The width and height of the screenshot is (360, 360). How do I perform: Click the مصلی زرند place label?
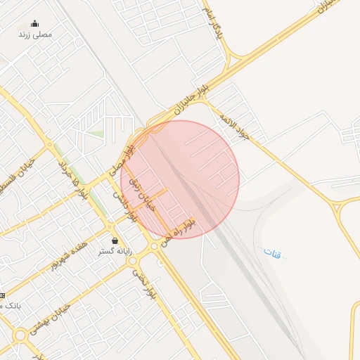(35, 34)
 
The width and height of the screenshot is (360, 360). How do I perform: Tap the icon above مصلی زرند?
(34, 23)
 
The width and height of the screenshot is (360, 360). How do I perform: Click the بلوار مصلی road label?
(122, 160)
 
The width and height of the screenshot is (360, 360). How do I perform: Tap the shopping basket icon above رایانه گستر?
(115, 240)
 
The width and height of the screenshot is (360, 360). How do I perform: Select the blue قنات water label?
(272, 253)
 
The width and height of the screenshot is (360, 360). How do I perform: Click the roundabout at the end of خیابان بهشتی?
(20, 335)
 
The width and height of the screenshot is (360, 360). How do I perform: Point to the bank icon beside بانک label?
(1, 295)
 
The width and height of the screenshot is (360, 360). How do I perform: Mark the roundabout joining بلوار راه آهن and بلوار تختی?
(154, 246)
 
